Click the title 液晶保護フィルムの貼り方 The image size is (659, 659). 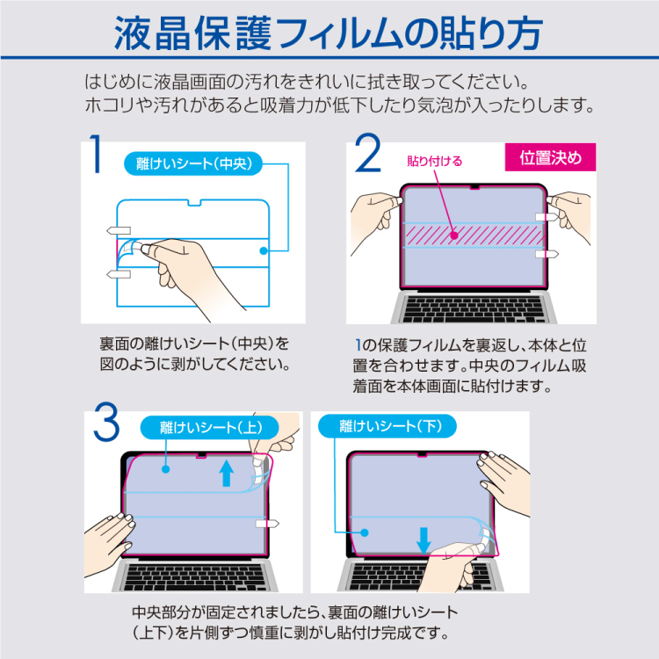pyautogui.click(x=329, y=32)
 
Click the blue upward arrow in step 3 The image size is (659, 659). pyautogui.click(x=226, y=474)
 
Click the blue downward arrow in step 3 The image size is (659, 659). pyautogui.click(x=424, y=538)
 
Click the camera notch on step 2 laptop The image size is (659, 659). pyautogui.click(x=475, y=187)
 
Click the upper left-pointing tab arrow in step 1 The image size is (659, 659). pyautogui.click(x=118, y=230)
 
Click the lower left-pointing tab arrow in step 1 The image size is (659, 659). pyautogui.click(x=118, y=274)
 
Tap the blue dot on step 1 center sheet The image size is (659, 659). pyautogui.click(x=263, y=250)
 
